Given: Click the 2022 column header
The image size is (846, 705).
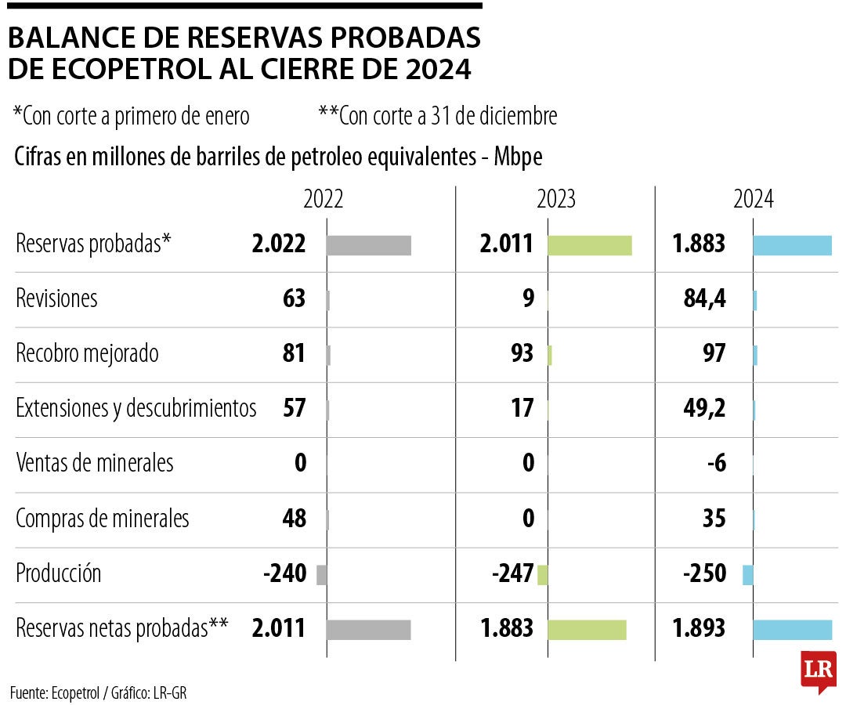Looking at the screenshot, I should coord(324,200).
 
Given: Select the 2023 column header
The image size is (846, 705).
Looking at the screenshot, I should coord(556,200).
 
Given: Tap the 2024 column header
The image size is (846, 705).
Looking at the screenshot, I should coord(754,200).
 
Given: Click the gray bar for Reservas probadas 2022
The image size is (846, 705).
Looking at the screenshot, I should coord(368,245).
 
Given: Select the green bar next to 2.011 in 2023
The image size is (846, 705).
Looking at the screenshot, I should coord(589,245).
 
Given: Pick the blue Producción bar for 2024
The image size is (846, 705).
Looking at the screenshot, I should coord(747,574).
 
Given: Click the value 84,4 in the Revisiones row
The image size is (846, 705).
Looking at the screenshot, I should coord(703,299).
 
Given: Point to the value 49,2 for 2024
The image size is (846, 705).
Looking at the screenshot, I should coord(703,408).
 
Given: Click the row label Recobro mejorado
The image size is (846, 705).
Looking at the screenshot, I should coord(87,354).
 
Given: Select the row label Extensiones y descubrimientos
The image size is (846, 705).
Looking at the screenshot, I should coord(136,408).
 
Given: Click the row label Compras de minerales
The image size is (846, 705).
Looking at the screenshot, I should coord(102,519).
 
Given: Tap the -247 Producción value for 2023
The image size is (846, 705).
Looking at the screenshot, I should coord(513,574).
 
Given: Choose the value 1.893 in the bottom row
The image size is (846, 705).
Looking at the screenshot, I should coord(699,628).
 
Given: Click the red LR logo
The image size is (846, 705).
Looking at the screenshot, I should coord(818,671).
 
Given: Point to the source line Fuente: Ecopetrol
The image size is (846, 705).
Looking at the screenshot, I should coord(99,692).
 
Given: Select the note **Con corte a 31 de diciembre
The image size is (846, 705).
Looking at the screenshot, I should coord(437,116).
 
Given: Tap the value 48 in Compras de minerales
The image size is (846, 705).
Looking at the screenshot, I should coord(294,519).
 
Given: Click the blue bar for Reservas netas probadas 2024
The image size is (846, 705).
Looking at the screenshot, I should coord(791,629).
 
